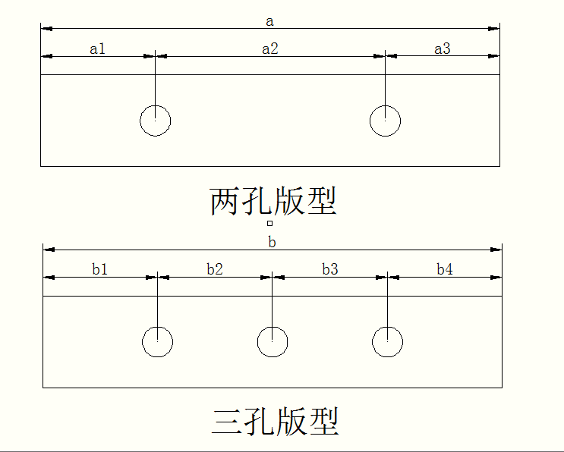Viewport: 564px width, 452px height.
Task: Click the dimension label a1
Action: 98,49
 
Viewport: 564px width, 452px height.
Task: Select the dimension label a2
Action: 270,49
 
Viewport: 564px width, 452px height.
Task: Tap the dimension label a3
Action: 443,49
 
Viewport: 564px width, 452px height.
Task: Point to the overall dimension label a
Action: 269,21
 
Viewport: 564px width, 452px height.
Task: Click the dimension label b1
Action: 100,269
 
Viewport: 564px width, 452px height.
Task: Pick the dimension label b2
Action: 215,269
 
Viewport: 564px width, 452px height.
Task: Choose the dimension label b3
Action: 330,269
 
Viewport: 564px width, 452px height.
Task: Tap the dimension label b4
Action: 445,269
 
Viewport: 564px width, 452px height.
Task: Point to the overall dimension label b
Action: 272,242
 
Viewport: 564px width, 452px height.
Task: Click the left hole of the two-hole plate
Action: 155,121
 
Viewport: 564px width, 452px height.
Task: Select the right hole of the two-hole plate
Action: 386,121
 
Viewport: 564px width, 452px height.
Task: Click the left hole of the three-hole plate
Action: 157,341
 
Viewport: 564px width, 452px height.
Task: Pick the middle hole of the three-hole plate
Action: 273,341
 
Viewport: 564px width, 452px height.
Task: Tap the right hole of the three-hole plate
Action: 388,341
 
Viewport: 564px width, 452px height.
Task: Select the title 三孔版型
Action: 275,422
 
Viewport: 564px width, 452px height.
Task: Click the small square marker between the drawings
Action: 269,224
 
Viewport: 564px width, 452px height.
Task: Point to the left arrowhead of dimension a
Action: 46,29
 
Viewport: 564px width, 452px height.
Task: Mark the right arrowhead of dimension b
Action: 497,249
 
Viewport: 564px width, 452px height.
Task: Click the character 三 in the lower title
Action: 226,422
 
